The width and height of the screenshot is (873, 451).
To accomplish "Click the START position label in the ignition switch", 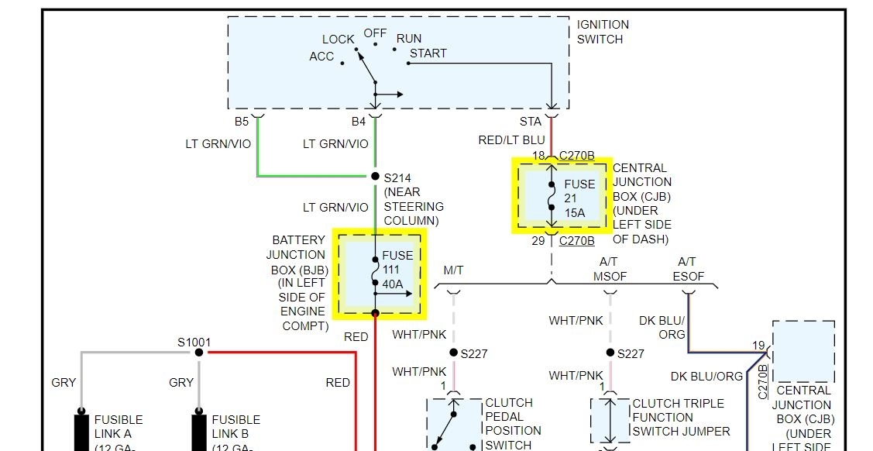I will click(x=428, y=53).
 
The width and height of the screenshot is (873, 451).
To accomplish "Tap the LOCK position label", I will click(x=339, y=39).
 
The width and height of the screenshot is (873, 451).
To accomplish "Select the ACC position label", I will click(x=321, y=57).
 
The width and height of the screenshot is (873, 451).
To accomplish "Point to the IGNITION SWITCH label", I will click(x=603, y=32).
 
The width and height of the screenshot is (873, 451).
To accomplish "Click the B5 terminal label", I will click(x=242, y=122).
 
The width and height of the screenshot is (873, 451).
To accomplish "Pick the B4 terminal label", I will click(x=359, y=122).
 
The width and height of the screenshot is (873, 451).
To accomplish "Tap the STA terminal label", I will click(x=531, y=122).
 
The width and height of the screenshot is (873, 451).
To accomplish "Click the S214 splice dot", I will click(x=375, y=177).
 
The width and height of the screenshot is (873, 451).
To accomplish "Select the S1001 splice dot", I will click(x=199, y=352).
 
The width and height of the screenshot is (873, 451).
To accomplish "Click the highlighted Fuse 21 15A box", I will click(x=562, y=196).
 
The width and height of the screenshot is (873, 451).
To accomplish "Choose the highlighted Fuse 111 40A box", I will click(x=380, y=274).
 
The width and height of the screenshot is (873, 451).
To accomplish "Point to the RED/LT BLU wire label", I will click(x=512, y=139).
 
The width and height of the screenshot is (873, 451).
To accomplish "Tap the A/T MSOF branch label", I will click(x=610, y=269).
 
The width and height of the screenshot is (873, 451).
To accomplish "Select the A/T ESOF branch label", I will click(x=687, y=269).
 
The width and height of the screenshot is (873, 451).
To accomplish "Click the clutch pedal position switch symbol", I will click(x=454, y=424).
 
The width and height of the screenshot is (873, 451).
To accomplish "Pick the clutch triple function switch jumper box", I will click(x=610, y=422).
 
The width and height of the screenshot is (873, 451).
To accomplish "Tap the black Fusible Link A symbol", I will click(x=81, y=430).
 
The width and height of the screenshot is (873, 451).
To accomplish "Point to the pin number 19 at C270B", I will click(x=758, y=346).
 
